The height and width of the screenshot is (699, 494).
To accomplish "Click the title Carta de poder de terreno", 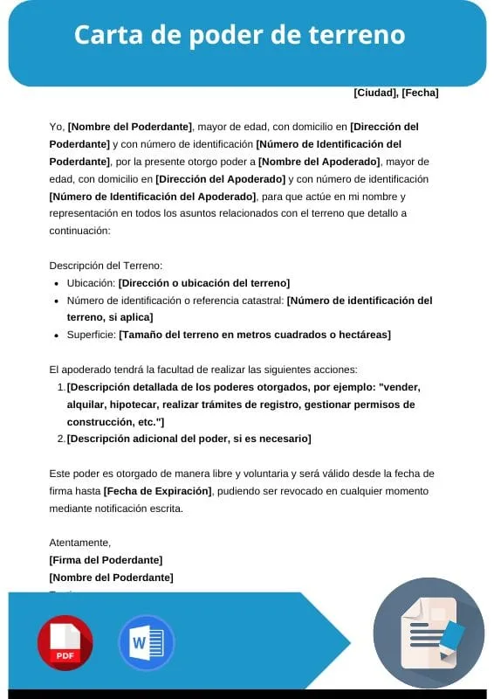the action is [239, 35].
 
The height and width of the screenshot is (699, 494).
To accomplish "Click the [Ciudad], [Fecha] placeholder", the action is [395, 93].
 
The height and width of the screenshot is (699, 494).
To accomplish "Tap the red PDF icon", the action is [65, 642].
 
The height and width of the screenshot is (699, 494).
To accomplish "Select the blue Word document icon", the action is [146, 642].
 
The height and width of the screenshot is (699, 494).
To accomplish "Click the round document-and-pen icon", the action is [429, 633].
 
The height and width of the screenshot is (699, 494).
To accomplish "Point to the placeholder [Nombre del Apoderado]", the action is [319, 162].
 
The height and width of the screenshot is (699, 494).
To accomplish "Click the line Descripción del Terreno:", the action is [106, 266].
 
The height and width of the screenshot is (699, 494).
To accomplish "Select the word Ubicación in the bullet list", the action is [90, 283].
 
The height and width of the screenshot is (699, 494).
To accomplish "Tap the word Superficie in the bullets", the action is [91, 335].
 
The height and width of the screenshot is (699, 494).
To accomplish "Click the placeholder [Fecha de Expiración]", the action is [158, 490].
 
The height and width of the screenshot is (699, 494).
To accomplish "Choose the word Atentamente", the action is [80, 543].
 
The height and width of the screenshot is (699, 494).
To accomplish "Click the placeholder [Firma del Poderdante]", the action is [106, 560].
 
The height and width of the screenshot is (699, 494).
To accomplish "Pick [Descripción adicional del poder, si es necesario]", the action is [189, 439].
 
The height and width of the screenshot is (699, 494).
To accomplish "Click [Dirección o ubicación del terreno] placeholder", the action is [204, 283].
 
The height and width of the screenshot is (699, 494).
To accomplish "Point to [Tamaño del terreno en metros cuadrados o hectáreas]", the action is [255, 335].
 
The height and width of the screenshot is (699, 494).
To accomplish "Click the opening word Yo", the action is [56, 127].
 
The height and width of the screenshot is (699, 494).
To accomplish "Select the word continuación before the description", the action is [79, 231].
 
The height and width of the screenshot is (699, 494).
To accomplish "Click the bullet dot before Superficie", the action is [58, 335].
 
